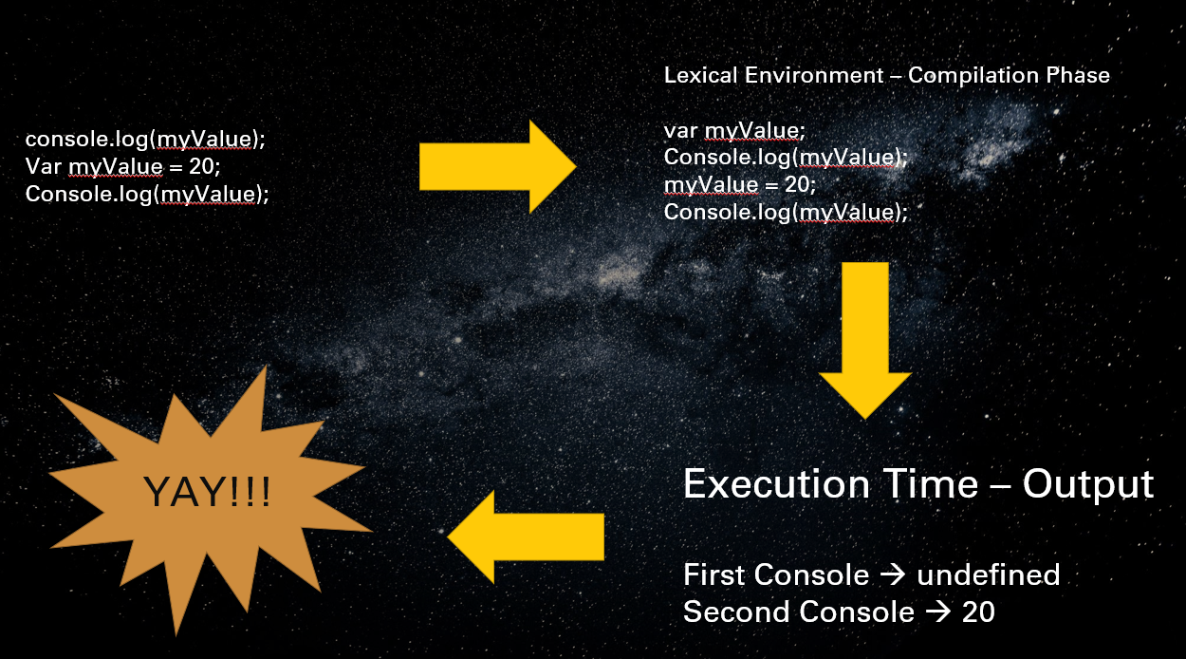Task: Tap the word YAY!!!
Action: coord(208,492)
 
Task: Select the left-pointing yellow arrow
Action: coord(526,537)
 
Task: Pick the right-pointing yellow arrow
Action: coord(497,166)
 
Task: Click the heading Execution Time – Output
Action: coord(917,484)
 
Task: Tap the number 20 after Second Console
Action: coord(978,612)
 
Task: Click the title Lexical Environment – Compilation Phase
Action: coord(886,75)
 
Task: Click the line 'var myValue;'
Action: coord(734,130)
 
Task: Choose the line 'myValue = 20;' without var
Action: coord(739,184)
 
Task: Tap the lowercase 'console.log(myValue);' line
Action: coord(145,140)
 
